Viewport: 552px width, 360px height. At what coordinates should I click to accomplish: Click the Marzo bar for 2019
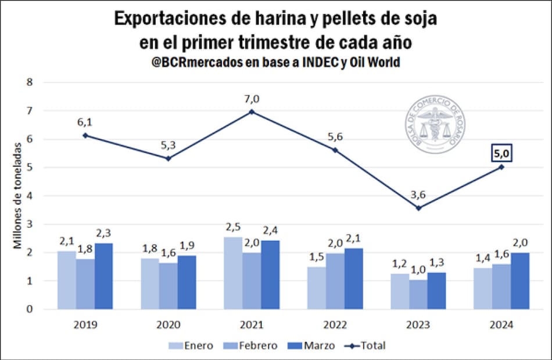pos(103,276)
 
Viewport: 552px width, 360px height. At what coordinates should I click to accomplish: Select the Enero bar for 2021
pos(233,273)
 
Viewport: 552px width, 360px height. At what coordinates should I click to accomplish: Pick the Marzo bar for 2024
pos(520,281)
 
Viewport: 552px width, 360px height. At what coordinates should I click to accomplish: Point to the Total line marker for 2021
pos(252,111)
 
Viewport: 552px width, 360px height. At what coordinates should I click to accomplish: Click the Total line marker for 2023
pos(418,208)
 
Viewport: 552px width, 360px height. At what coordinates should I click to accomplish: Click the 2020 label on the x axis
pos(168,326)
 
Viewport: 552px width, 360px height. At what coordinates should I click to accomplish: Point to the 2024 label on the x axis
pos(501,326)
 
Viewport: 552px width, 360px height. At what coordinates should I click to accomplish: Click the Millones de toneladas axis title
pos(19,195)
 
